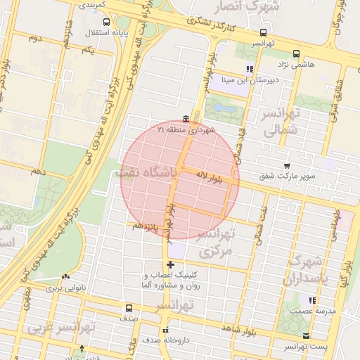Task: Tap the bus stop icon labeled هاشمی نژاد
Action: pyautogui.click(x=296, y=53)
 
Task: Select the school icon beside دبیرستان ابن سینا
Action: pyautogui.click(x=249, y=69)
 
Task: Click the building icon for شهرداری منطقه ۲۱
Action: pyautogui.click(x=185, y=118)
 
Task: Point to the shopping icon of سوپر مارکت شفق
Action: pyautogui.click(x=286, y=165)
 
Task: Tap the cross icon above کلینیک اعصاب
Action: pyautogui.click(x=169, y=264)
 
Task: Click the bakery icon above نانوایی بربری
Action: pyautogui.click(x=65, y=278)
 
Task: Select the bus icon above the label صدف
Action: pyautogui.click(x=128, y=307)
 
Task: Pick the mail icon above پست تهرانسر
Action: pyautogui.click(x=305, y=336)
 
